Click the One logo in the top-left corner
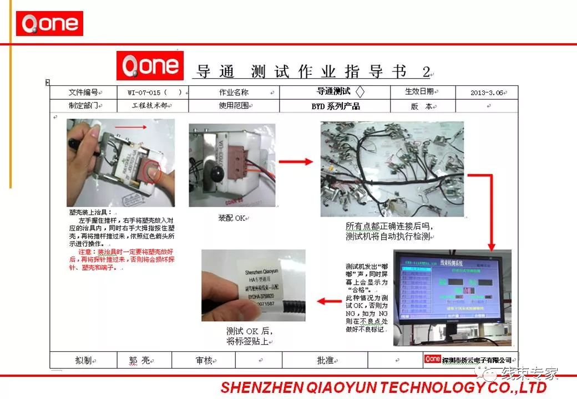[x=49, y=24]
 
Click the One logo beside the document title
[x=150, y=65]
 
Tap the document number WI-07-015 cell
[x=153, y=93]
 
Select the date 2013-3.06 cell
[x=486, y=93]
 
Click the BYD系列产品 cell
[x=335, y=106]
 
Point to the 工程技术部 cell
[x=153, y=106]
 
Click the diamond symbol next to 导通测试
[x=360, y=92]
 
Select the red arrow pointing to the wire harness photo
[x=296, y=162]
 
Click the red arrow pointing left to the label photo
[x=329, y=302]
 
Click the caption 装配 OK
[x=232, y=218]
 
